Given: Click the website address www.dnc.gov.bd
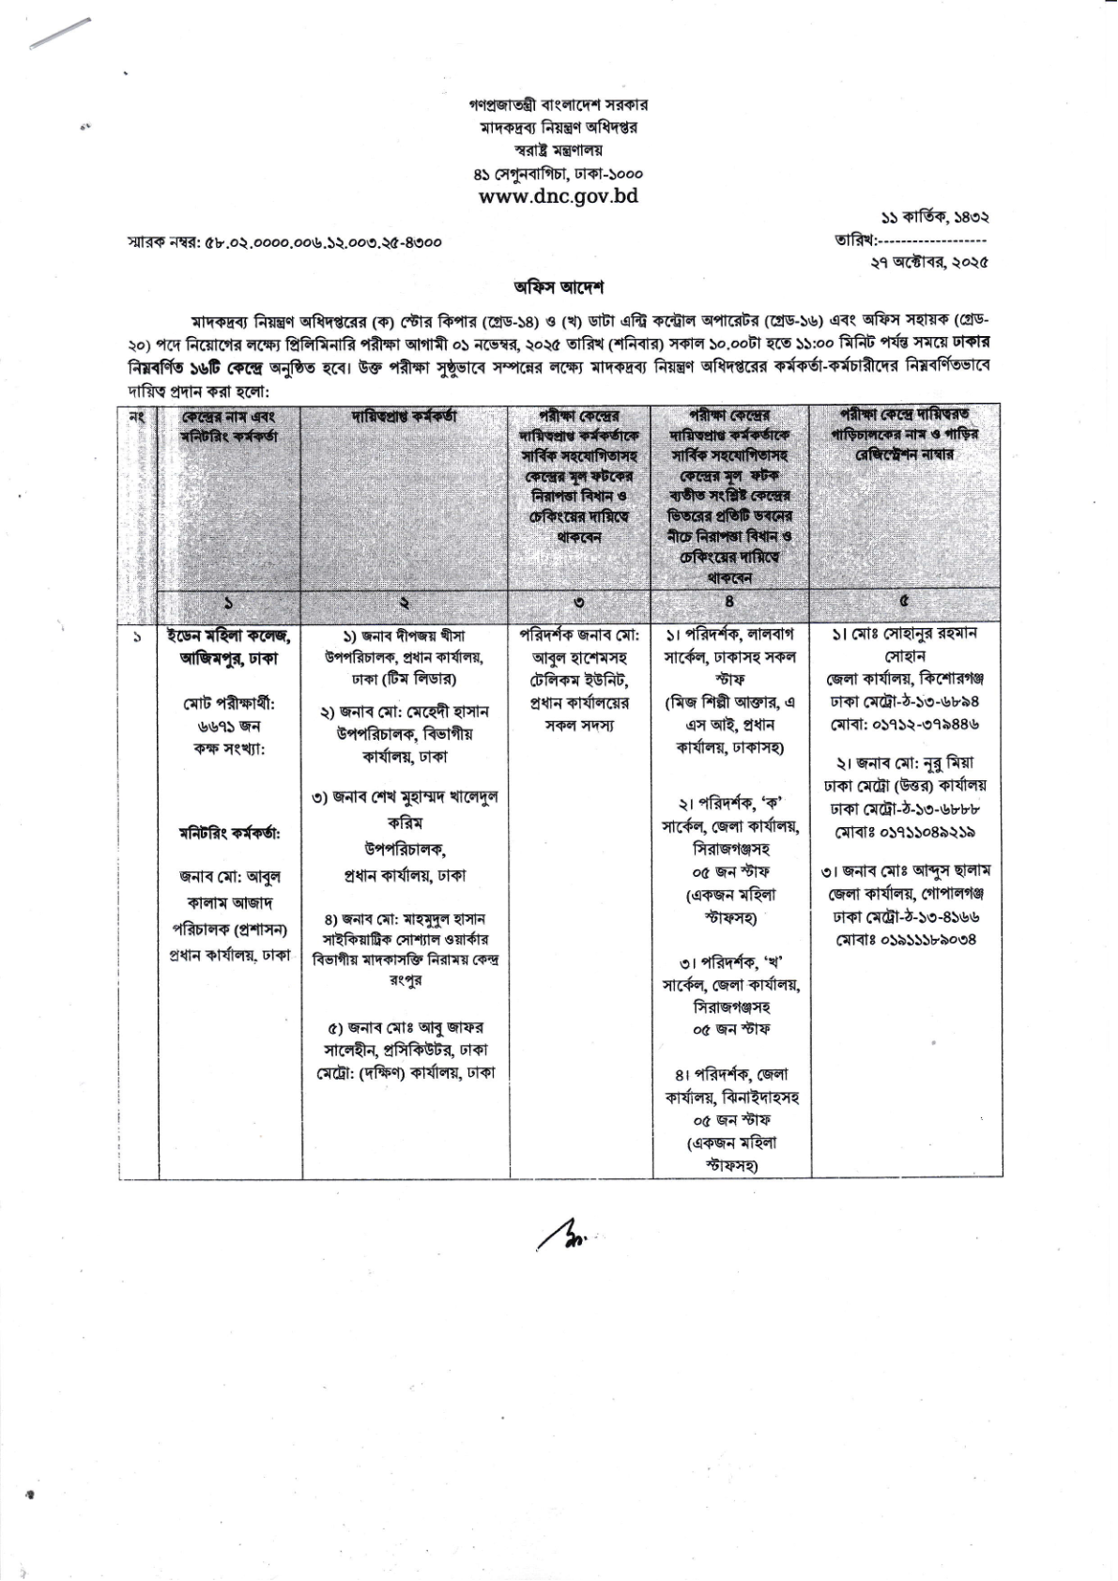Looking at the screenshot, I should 558,196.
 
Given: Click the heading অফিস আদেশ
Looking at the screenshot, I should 558,285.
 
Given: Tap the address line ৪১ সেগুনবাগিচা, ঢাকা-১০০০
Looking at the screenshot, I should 558,174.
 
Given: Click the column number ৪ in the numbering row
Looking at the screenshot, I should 730,603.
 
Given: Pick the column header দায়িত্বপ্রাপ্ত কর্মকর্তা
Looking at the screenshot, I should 405,416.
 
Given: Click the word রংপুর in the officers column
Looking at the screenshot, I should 405,979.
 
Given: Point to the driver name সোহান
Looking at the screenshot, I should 905,655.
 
